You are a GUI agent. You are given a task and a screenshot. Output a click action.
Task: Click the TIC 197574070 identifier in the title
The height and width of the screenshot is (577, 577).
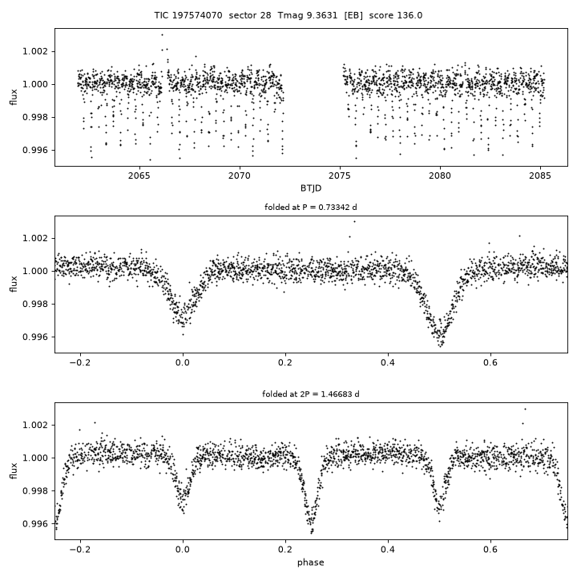coord(188,15)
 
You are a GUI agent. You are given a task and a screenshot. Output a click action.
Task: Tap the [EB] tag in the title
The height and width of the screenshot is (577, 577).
coord(353,15)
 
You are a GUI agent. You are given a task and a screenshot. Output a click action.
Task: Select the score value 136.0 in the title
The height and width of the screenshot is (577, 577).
coord(410,15)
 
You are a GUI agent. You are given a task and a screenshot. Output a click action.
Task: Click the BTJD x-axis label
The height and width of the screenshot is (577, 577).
coord(311,188)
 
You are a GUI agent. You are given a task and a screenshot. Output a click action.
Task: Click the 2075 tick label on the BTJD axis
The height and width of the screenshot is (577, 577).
coord(340,176)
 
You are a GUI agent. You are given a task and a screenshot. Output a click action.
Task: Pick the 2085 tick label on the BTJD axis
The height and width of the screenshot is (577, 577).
coord(540,176)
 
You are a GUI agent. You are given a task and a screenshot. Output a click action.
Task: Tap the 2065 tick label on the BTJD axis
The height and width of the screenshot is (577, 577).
coord(139,176)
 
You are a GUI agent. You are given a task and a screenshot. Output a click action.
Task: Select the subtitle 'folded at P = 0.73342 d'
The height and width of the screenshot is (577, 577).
coord(311,208)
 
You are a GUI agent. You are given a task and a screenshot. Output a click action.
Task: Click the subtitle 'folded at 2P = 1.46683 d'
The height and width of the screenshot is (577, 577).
coord(311,394)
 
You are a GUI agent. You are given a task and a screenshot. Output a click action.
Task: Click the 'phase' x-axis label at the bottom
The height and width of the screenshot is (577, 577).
coord(311,563)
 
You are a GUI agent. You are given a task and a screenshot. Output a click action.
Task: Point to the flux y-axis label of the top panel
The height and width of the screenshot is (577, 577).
coord(14,97)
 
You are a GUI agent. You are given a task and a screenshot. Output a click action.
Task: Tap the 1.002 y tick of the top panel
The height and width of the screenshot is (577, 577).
coord(35,51)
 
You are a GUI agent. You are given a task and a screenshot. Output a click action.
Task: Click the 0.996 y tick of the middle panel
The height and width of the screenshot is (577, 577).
coord(35,337)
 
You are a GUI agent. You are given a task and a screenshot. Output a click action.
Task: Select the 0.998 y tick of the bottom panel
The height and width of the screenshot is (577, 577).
coord(35,491)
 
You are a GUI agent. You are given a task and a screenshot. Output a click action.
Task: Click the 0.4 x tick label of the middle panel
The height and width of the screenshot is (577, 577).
coord(388,362)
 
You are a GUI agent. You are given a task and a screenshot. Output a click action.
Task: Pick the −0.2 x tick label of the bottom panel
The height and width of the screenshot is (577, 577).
coord(80,550)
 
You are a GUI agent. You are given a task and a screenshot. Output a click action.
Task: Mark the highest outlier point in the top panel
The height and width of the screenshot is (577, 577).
coord(162,35)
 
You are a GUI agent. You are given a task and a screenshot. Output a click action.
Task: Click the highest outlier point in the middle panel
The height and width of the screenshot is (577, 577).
coord(354,221)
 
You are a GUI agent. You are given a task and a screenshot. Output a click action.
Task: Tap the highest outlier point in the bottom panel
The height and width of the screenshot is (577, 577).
coord(525,410)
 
